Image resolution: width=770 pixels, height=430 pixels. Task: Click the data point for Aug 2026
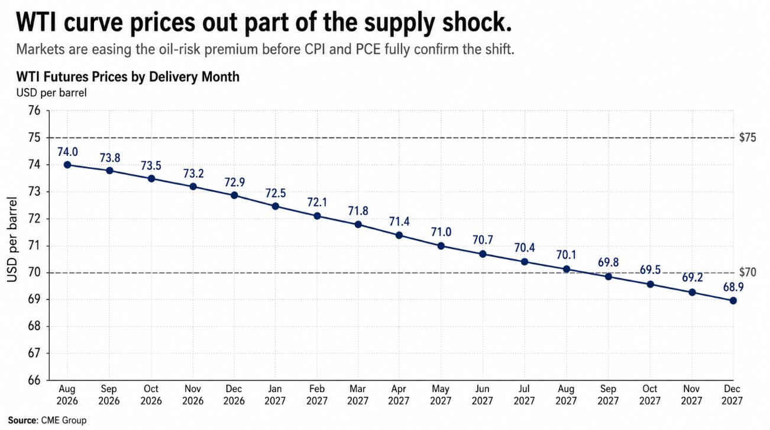pyautogui.click(x=67, y=165)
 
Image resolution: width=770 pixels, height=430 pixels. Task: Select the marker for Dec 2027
pyautogui.click(x=733, y=301)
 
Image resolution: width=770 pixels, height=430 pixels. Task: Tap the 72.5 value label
pyautogui.click(x=276, y=193)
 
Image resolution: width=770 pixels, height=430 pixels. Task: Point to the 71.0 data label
pyautogui.click(x=441, y=232)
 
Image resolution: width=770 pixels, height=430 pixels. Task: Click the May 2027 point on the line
pyautogui.click(x=441, y=246)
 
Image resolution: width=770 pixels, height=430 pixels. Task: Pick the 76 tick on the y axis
pyautogui.click(x=34, y=110)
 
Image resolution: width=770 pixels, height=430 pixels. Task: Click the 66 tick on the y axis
pyautogui.click(x=34, y=380)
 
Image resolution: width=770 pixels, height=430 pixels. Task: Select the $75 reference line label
pyautogui.click(x=748, y=138)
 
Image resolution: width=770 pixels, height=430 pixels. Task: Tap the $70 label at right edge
pyautogui.click(x=748, y=272)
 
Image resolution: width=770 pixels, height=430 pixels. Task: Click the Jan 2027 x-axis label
pyautogui.click(x=275, y=395)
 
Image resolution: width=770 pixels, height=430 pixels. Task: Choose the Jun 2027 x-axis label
pyautogui.click(x=482, y=395)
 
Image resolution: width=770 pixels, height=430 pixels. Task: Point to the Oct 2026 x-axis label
pyautogui.click(x=151, y=395)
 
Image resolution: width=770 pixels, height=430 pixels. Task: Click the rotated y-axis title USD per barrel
pyautogui.click(x=12, y=239)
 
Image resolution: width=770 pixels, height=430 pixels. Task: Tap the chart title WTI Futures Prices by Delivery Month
pyautogui.click(x=128, y=77)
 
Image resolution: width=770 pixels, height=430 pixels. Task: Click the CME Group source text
pyautogui.click(x=64, y=421)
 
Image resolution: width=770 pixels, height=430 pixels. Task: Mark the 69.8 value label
pyautogui.click(x=608, y=262)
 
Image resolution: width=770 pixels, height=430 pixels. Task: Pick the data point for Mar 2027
pyautogui.click(x=358, y=224)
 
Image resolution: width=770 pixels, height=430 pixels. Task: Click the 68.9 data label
pyautogui.click(x=733, y=287)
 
